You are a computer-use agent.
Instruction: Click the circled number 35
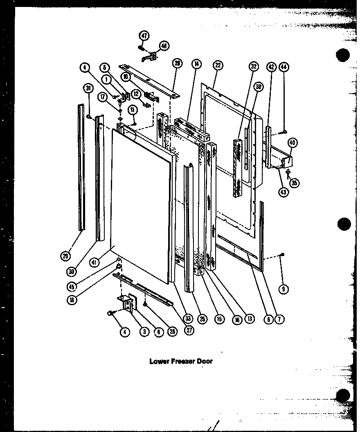click(x=295, y=183)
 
